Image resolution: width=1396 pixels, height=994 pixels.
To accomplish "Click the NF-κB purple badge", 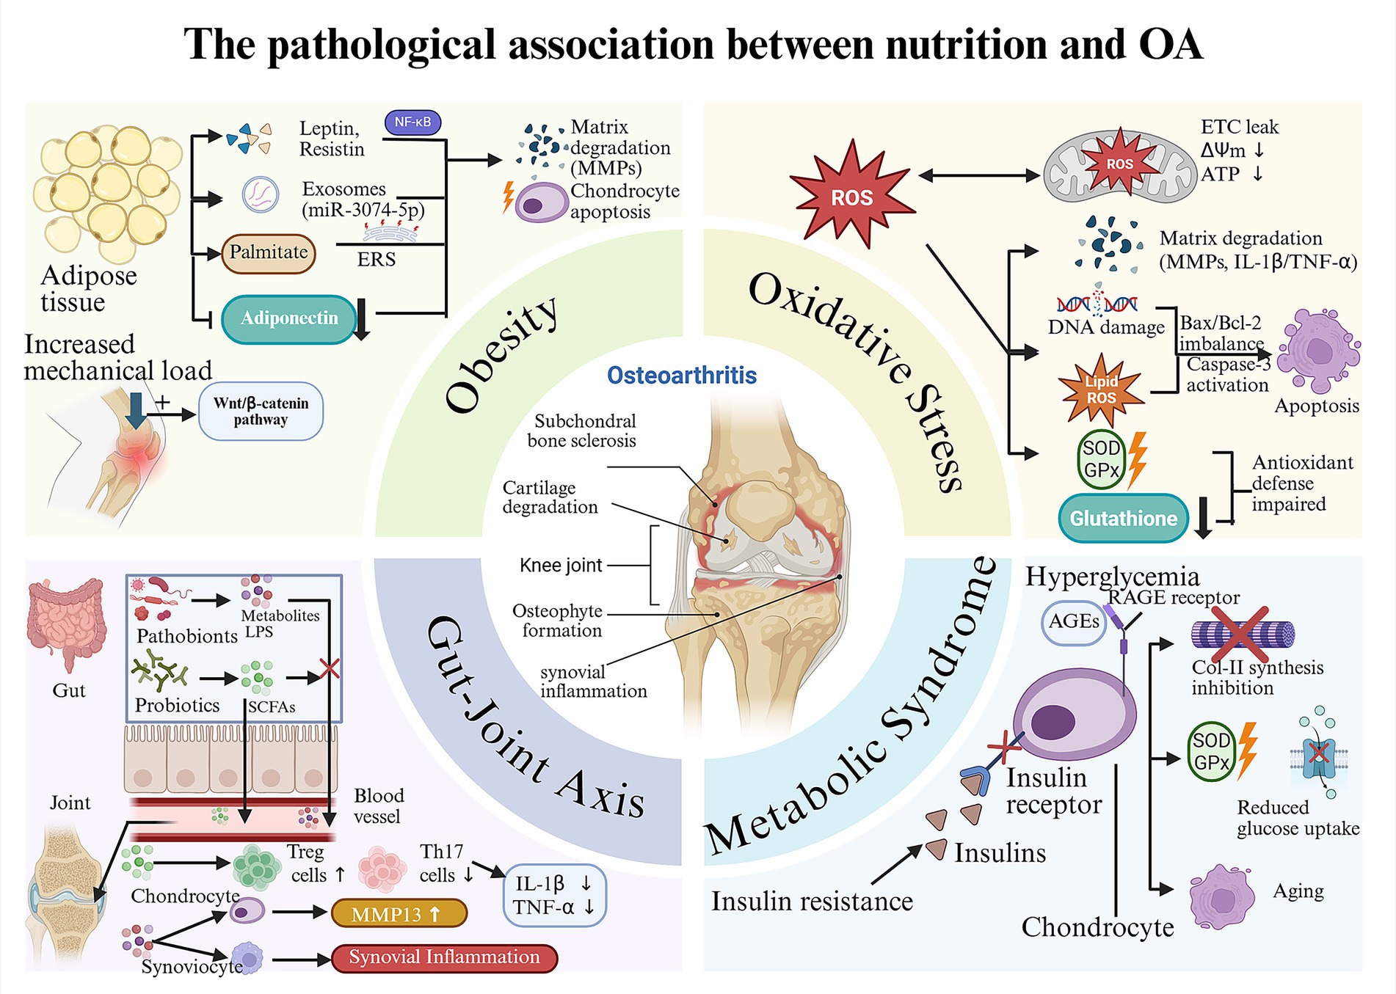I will tap(412, 123).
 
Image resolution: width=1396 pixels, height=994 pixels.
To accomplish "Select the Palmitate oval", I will tap(269, 253).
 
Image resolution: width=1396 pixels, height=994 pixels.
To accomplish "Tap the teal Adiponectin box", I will tap(289, 318).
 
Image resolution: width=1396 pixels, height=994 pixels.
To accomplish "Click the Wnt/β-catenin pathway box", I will tap(261, 412).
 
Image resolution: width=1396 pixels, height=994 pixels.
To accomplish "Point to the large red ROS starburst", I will tap(852, 194).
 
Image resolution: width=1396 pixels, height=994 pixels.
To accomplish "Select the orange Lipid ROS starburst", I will tap(1101, 390).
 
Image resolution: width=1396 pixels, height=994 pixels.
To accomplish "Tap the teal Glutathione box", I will tap(1123, 518).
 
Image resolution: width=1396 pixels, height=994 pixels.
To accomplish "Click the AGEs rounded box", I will tap(1074, 621).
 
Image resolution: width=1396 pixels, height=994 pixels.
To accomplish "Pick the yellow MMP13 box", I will tap(399, 914).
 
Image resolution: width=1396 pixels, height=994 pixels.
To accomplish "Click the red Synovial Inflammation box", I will tap(444, 957).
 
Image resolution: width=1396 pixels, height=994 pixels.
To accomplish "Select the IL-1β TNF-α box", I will tap(554, 896).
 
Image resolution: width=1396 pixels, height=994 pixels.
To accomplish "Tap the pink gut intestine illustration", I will tap(66, 620).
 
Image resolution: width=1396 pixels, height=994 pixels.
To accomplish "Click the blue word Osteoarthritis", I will tap(682, 376).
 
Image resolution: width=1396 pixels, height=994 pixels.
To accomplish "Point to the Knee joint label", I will tap(561, 566).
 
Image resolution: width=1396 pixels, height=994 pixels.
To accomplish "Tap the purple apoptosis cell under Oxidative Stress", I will tap(1318, 351).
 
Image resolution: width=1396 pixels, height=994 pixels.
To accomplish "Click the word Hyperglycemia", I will tap(1112, 577).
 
